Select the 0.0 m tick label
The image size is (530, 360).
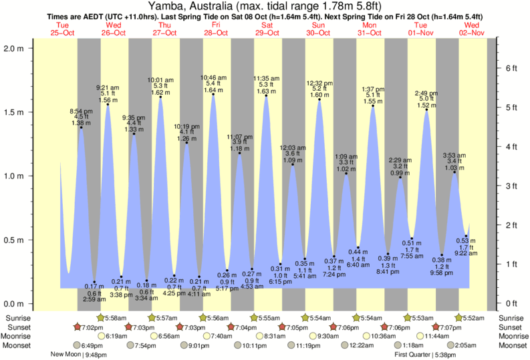coord(15,303)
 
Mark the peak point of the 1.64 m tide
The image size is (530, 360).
coord(213,94)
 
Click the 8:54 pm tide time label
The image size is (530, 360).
coord(81,111)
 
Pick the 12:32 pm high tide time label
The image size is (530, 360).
coord(319,83)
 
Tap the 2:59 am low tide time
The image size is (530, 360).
coord(95,299)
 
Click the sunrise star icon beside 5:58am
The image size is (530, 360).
coord(100,317)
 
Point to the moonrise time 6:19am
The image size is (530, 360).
coord(118,336)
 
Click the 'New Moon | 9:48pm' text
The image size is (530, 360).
coord(79,355)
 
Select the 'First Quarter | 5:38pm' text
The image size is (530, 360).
coord(425,355)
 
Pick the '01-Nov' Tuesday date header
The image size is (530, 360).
coord(422,33)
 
